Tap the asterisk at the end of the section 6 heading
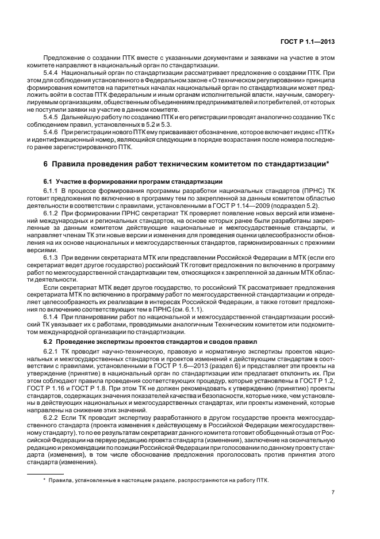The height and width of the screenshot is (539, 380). click(327, 163)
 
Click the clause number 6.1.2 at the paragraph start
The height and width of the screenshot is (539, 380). click(52, 212)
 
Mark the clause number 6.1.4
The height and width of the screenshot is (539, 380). click(52, 317)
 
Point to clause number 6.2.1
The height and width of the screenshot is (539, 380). click(52, 351)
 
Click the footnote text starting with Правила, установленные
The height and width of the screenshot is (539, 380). click(158, 464)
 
